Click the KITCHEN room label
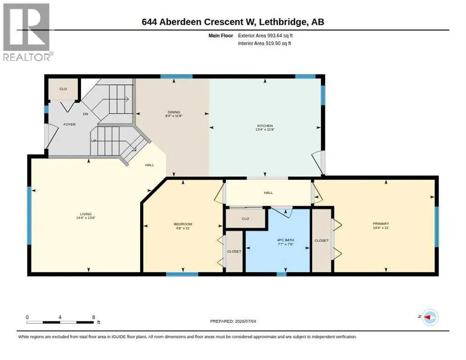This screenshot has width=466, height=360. [x=265, y=126]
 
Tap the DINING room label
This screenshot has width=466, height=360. [x=174, y=112]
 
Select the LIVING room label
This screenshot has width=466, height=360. [x=86, y=214]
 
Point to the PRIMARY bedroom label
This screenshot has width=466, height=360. [x=381, y=224]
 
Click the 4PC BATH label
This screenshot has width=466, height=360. [x=286, y=240]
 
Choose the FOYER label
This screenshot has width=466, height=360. [x=69, y=124]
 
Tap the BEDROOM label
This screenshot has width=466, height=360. [x=183, y=224]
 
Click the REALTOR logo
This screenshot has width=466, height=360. [x=27, y=32]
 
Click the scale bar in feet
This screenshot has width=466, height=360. [x=60, y=322]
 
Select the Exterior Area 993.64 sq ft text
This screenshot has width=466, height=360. [x=265, y=36]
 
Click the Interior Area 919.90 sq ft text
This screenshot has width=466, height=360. [x=264, y=44]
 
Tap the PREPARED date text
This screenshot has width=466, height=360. [x=233, y=321]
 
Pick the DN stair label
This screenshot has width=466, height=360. [x=86, y=114]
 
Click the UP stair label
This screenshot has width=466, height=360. [x=94, y=141]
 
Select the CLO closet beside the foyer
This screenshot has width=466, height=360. [x=63, y=89]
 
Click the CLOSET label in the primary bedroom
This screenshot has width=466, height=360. [x=322, y=240]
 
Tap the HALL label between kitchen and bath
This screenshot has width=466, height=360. [x=268, y=193]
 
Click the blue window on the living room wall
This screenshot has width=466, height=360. [x=29, y=216]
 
